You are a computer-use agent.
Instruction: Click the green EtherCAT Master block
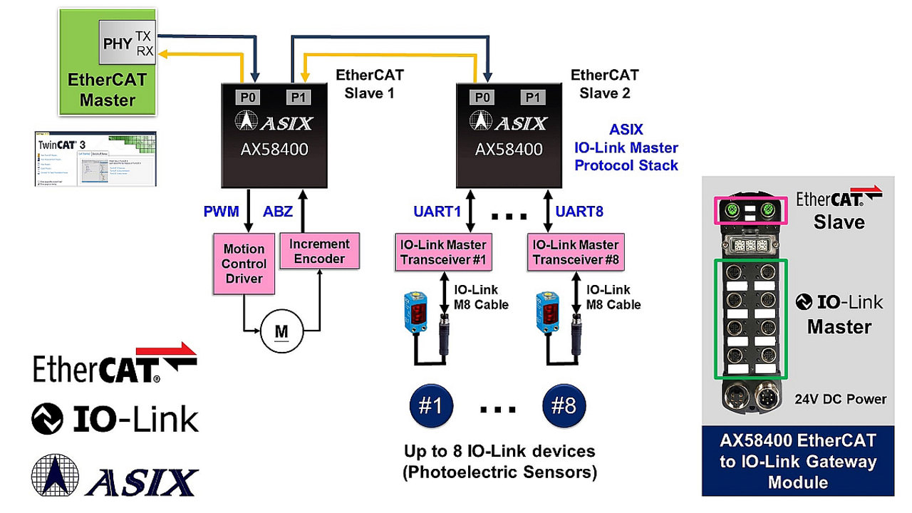point(107,89)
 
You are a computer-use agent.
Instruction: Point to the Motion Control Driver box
point(244,264)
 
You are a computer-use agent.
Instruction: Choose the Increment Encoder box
point(319,251)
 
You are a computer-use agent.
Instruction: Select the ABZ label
point(279,212)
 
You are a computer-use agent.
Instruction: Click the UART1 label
point(437,212)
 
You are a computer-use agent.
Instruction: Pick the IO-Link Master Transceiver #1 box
point(442,252)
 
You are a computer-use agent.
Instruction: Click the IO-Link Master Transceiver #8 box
point(576,252)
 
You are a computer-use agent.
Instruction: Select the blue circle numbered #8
point(564,405)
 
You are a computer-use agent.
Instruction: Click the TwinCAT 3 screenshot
point(95,158)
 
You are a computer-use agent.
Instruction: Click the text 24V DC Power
point(841,399)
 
